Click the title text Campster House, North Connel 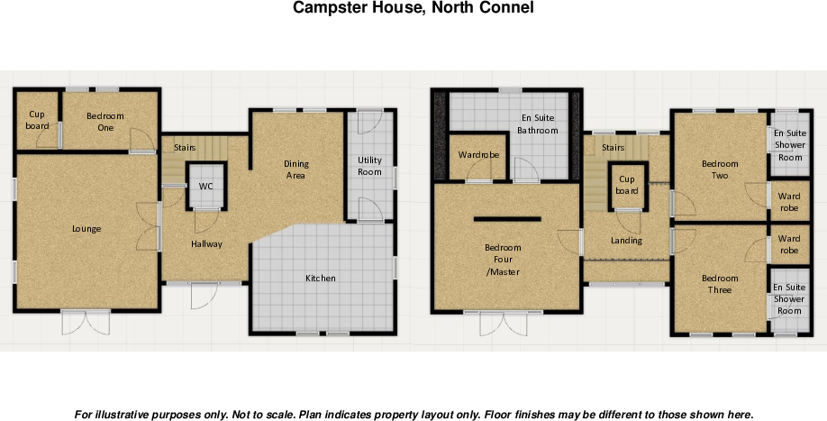413,8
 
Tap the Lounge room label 86,229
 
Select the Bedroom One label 105,122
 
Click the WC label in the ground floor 206,187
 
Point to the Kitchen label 320,279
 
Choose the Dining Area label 296,169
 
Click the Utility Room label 369,166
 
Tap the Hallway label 206,244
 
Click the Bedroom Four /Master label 503,260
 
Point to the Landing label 626,241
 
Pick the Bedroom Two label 720,169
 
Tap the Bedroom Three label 720,285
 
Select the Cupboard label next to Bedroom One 38,120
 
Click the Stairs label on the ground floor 185,147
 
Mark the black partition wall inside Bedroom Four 507,218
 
